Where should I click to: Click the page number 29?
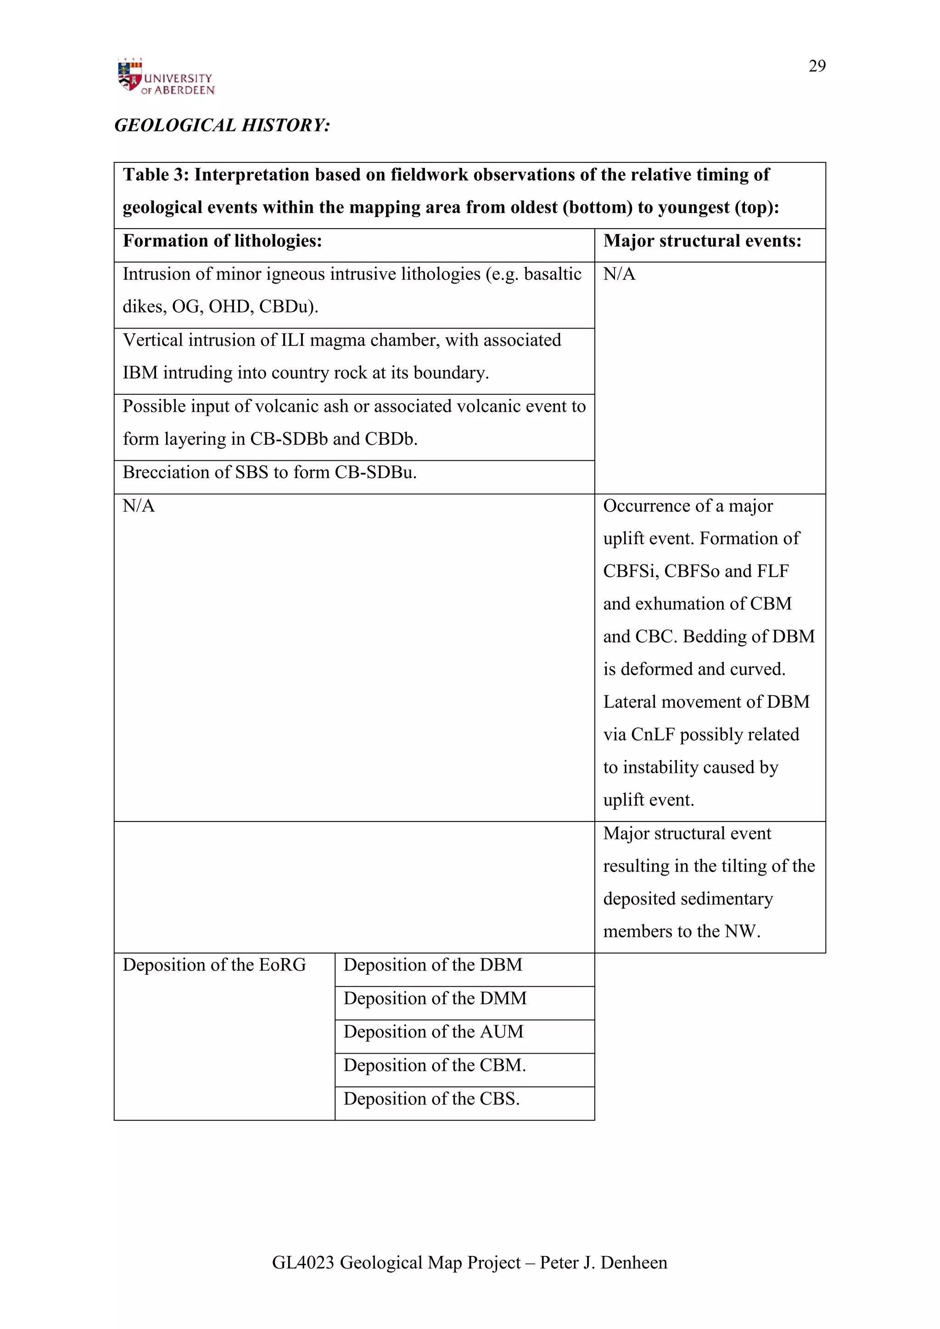tap(817, 66)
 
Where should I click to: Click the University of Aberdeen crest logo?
tap(129, 76)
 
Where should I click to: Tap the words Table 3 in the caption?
tap(155, 175)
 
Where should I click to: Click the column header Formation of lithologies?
tap(222, 241)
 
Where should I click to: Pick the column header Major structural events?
tap(702, 241)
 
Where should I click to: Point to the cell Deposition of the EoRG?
tap(214, 965)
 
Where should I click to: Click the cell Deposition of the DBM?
tap(432, 965)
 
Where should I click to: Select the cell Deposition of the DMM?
tap(435, 999)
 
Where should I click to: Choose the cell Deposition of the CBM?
tap(434, 1065)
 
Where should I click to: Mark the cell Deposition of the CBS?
tap(431, 1099)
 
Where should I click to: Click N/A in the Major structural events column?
tap(619, 274)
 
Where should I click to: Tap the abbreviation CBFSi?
tap(630, 571)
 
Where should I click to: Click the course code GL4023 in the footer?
tap(303, 1262)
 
